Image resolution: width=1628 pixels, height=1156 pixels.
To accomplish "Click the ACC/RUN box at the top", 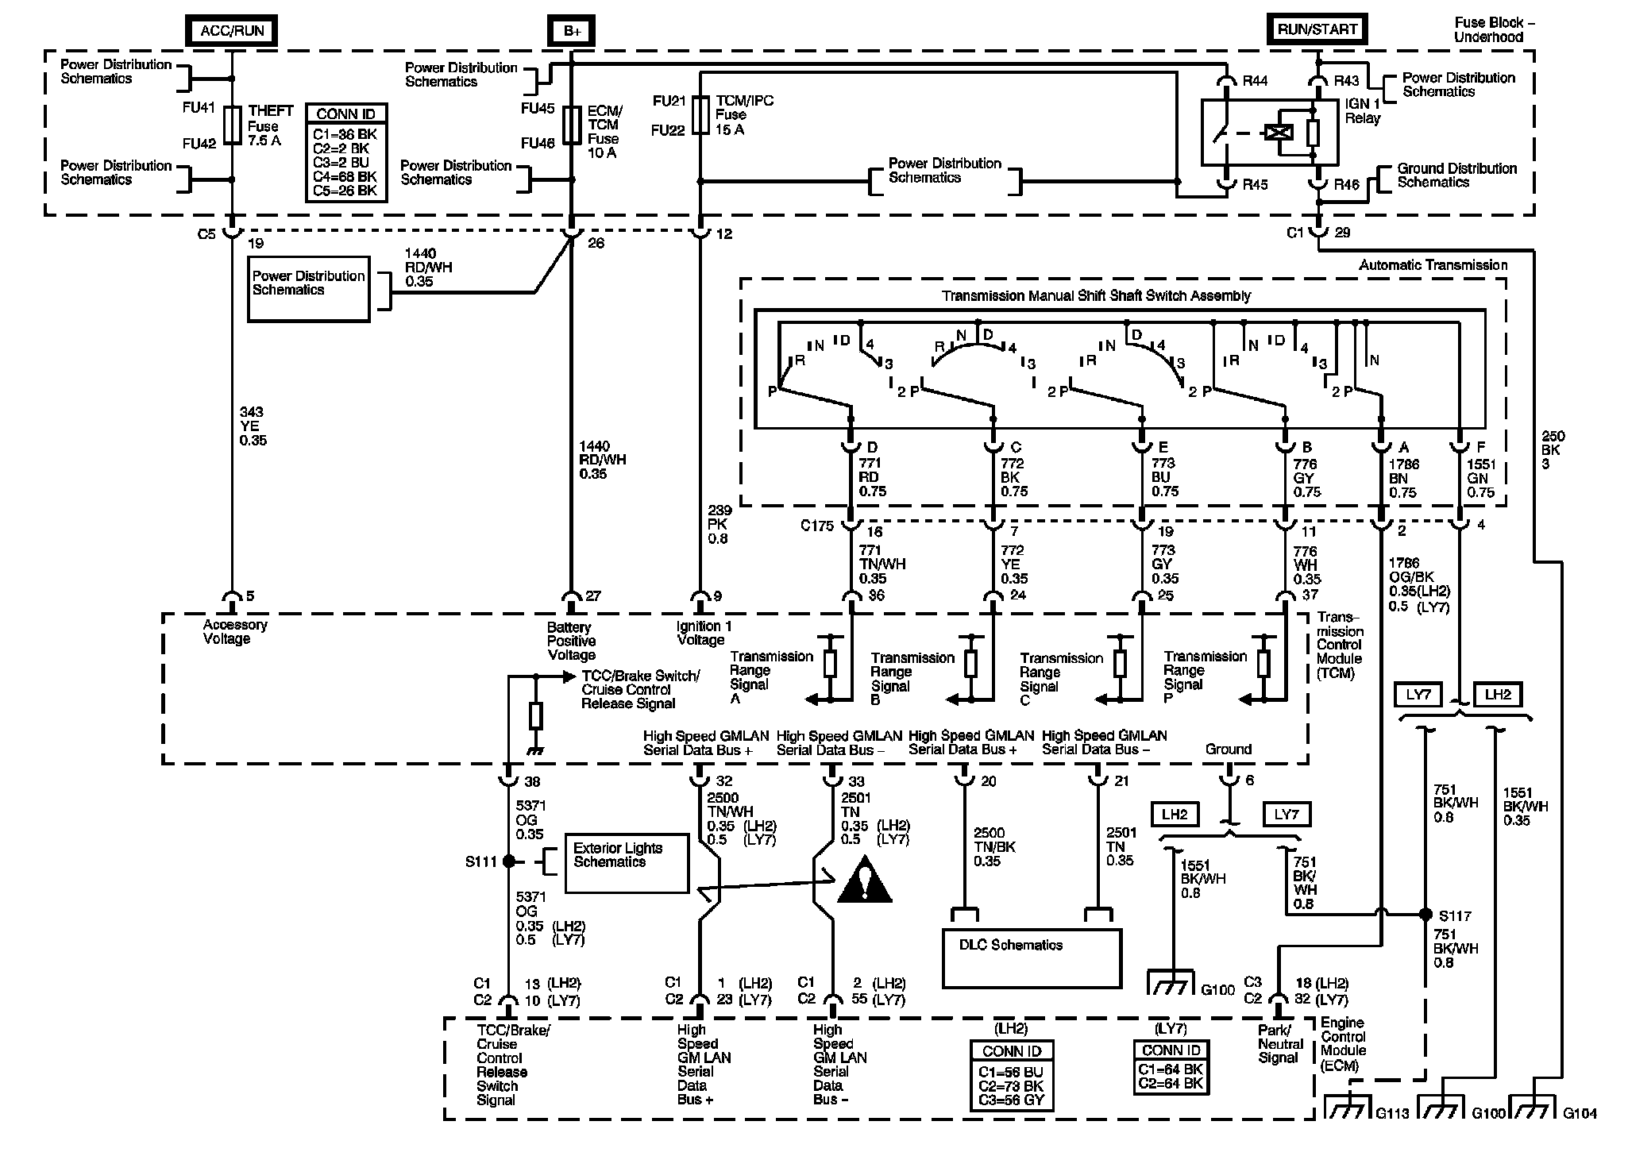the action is tap(232, 32).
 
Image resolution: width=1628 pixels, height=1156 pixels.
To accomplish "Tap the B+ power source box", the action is tap(571, 32).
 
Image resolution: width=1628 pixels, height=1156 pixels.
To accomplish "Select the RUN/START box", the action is tap(1317, 29).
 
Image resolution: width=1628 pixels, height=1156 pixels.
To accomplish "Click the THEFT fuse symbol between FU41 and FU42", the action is tap(232, 125).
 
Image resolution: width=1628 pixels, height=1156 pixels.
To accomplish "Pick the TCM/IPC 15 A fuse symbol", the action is tap(700, 116).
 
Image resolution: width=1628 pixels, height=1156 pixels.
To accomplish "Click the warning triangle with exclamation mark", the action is tap(865, 883).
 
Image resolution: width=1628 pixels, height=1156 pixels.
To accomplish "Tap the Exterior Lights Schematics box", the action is tap(627, 863).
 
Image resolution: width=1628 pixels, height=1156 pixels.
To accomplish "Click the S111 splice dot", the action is tap(509, 861).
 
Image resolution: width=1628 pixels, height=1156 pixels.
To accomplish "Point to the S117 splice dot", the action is tap(1425, 914).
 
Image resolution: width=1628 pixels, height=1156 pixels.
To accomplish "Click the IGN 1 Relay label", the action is tap(1362, 111).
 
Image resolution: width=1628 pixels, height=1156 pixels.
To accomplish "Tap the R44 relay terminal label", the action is tap(1256, 80).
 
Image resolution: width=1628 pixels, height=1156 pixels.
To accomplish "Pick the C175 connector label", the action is tap(817, 525).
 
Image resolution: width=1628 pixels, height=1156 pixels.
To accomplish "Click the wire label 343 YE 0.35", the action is tap(253, 426).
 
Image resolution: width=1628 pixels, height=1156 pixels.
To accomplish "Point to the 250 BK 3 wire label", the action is tap(1551, 450).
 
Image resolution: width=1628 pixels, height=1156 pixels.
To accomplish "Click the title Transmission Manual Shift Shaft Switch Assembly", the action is tap(1096, 296).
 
